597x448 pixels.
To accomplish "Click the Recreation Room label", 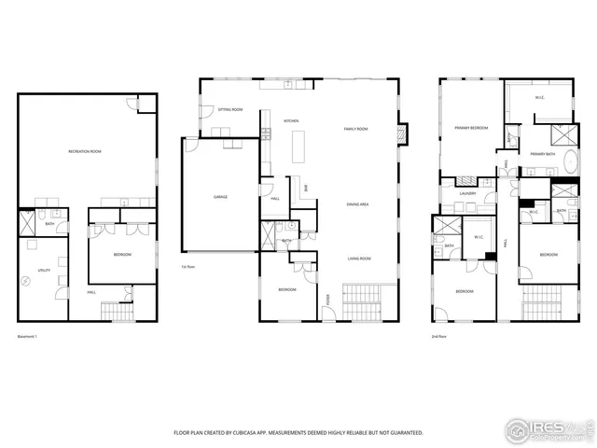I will pyautogui.click(x=84, y=151).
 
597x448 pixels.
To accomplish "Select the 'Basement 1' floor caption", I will pyautogui.click(x=29, y=335).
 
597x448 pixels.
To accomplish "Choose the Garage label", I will pyautogui.click(x=220, y=197).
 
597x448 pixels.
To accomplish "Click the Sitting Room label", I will pyautogui.click(x=230, y=110).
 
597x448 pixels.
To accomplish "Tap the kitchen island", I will pyautogui.click(x=299, y=147).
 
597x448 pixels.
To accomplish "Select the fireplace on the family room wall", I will pyautogui.click(x=402, y=133).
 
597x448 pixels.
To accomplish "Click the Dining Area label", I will pyautogui.click(x=357, y=203).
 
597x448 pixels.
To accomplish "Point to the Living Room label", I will pyautogui.click(x=360, y=259).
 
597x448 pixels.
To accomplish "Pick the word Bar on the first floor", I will pyautogui.click(x=305, y=189).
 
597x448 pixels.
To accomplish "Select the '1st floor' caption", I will pyautogui.click(x=187, y=267).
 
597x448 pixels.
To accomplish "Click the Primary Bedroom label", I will pyautogui.click(x=472, y=127).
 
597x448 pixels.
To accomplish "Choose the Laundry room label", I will pyautogui.click(x=467, y=194).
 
